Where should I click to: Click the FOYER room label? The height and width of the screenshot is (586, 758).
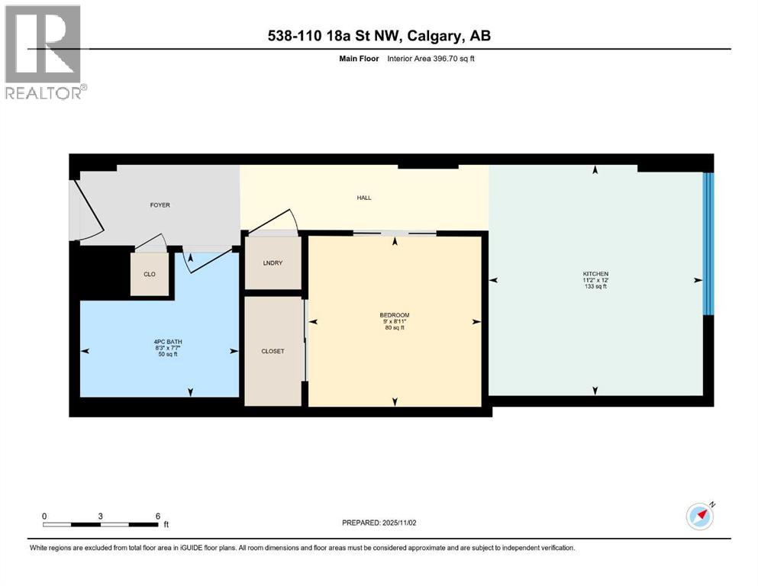(x=160, y=205)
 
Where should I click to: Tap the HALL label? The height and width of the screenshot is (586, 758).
(x=364, y=198)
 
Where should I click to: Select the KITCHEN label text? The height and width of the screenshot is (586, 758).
(x=595, y=274)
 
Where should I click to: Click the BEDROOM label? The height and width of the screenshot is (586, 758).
(x=395, y=315)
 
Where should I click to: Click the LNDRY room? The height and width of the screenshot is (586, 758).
(x=273, y=263)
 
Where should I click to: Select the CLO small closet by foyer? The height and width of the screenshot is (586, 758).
(x=150, y=273)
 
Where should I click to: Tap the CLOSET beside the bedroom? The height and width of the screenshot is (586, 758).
(x=273, y=351)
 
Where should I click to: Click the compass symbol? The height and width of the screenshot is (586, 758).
(x=699, y=517)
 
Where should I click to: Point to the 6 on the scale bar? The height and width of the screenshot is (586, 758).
(x=157, y=516)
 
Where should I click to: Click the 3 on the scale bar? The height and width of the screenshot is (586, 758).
(x=101, y=516)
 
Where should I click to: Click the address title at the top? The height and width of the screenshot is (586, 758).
(x=379, y=35)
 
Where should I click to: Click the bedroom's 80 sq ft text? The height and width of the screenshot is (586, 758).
(x=395, y=328)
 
